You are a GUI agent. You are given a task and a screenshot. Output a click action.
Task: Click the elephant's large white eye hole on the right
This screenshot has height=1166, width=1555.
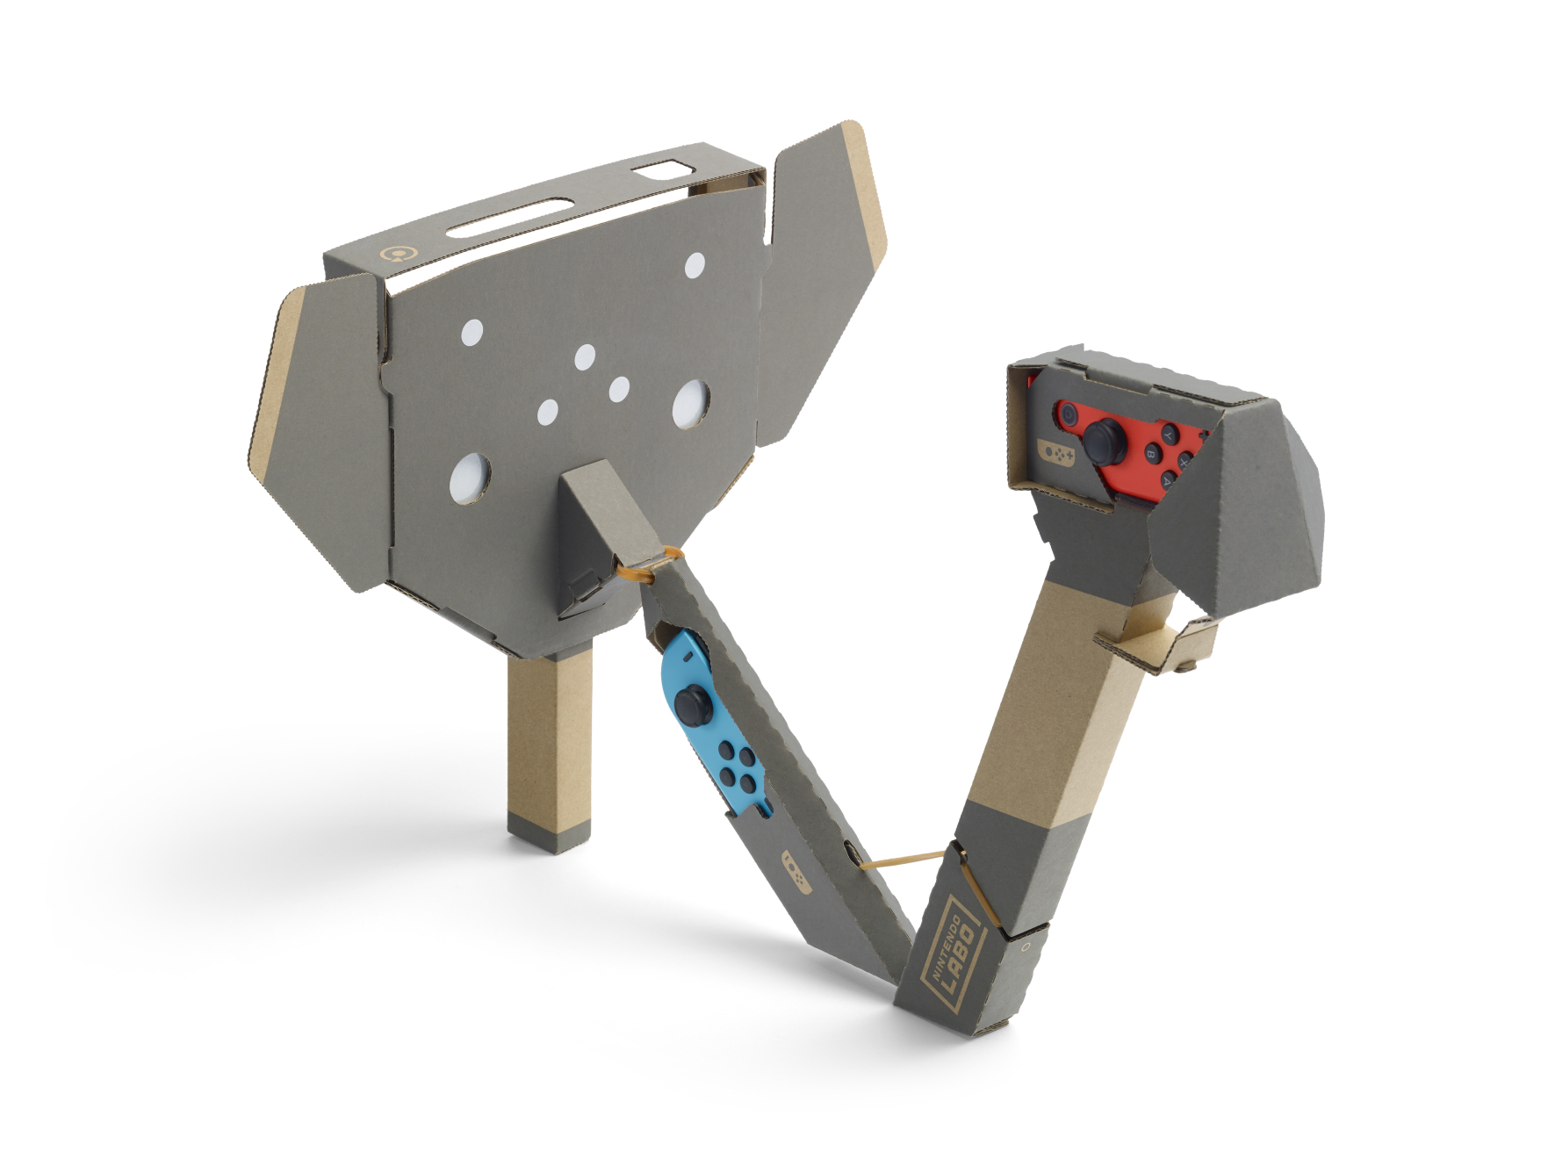pos(692,405)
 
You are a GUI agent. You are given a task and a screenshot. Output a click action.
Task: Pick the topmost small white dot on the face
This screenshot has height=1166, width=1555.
pos(695,264)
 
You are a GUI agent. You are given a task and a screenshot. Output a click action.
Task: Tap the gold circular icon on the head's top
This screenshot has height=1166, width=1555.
pos(399,255)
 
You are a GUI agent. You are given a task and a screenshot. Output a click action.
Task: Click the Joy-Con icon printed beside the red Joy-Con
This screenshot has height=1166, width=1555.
pos(1056,452)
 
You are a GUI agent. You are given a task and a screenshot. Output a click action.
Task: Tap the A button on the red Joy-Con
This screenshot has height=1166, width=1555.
pos(1169,480)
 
